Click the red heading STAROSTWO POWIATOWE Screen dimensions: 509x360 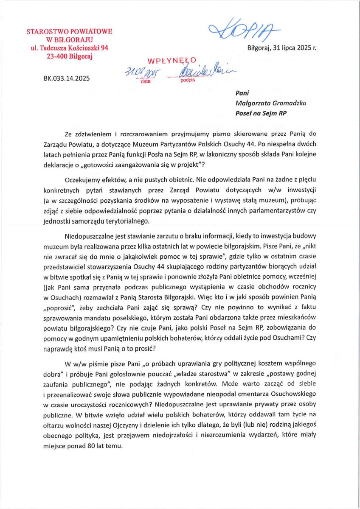69,32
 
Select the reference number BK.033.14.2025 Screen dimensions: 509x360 66,78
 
